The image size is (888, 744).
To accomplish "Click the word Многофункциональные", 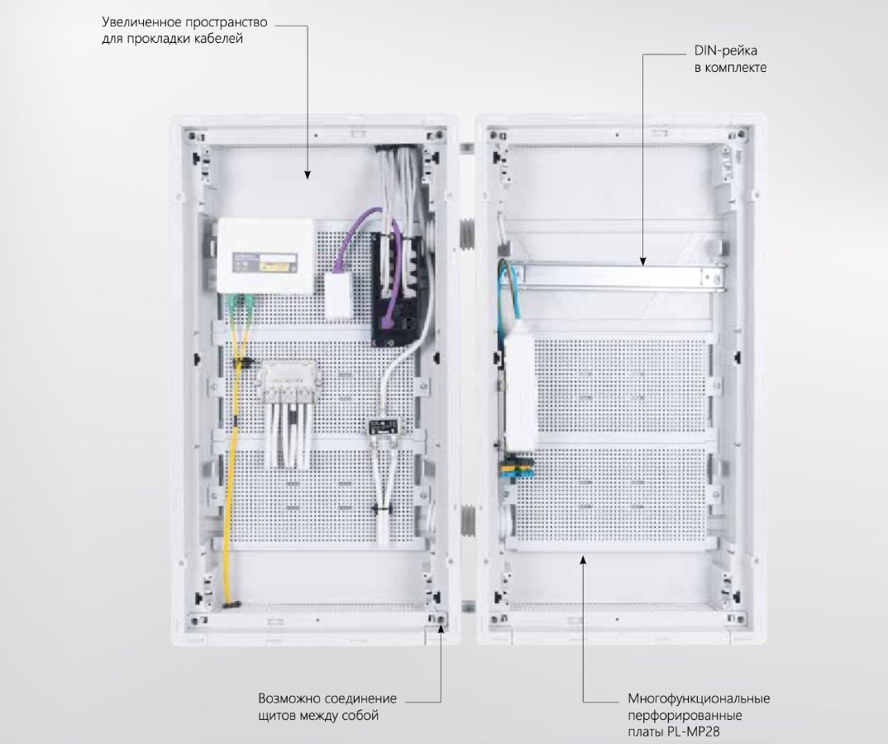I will point(699,699).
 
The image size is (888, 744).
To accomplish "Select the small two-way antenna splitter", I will point(383,431).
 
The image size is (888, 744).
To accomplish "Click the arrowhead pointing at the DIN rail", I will point(643,262).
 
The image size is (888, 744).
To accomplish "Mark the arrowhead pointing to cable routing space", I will point(308,174).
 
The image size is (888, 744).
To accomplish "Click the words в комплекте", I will point(730,68).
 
